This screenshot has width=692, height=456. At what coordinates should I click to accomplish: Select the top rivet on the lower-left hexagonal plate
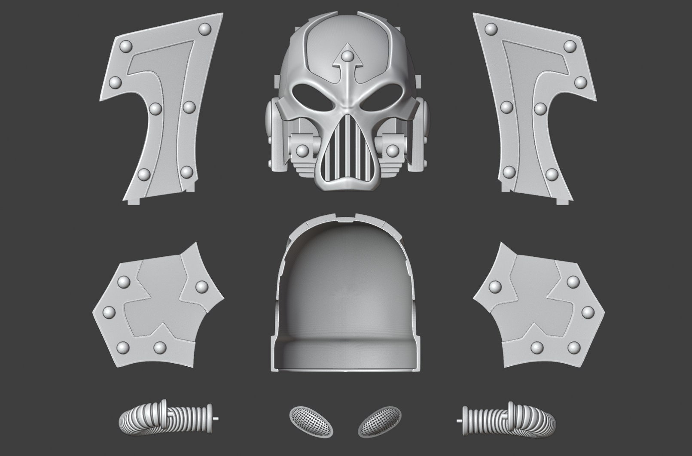click(x=124, y=282)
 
